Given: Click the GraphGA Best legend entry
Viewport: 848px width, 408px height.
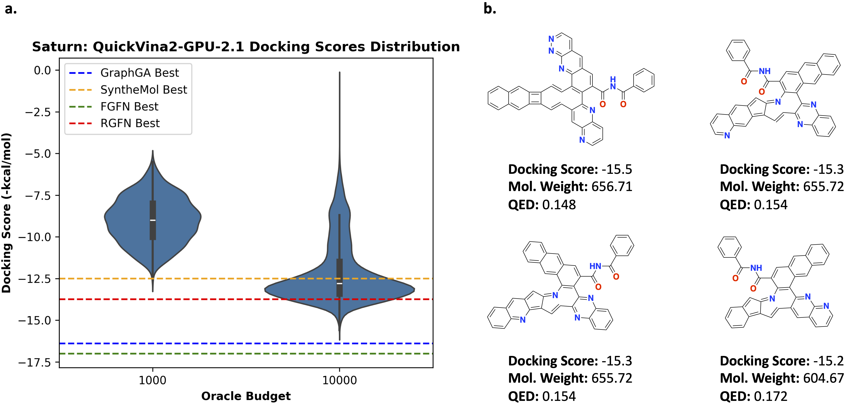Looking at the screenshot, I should click(x=139, y=73).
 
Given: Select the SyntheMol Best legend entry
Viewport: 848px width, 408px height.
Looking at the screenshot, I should click(x=143, y=89).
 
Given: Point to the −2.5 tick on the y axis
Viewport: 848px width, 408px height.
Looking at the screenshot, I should click(x=38, y=112).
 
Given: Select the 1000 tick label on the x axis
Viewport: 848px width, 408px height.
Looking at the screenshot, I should click(x=152, y=380).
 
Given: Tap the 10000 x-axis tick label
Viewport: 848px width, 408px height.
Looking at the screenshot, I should click(x=339, y=380).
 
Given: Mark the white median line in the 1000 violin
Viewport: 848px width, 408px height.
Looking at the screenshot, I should click(x=153, y=220).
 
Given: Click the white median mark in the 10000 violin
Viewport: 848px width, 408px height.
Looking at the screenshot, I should click(x=339, y=283).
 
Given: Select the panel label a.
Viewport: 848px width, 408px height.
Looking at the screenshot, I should click(x=10, y=9).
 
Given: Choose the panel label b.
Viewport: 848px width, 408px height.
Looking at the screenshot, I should click(x=489, y=9).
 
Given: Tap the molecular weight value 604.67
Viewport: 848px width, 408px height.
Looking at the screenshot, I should click(x=823, y=378).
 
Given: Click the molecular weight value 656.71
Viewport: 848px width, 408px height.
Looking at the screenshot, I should click(x=612, y=187).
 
